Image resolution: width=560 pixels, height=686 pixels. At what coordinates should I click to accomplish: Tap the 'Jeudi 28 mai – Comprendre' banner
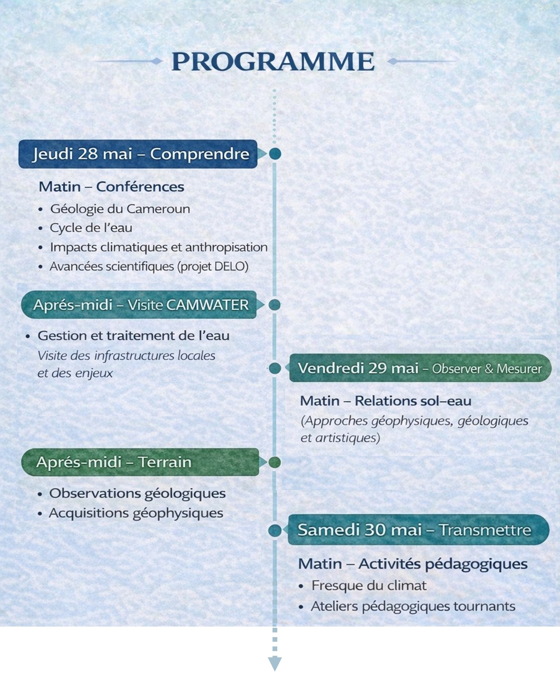pyautogui.click(x=138, y=154)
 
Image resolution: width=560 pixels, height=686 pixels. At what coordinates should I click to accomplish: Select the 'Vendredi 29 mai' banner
pyautogui.click(x=419, y=368)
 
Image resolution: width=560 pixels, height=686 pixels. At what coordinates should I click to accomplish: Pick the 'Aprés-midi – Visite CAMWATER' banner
pyautogui.click(x=139, y=305)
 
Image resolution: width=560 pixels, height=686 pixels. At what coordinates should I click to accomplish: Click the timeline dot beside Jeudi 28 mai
pyautogui.click(x=275, y=154)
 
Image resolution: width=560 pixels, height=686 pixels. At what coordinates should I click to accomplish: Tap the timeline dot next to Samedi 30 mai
pyautogui.click(x=275, y=530)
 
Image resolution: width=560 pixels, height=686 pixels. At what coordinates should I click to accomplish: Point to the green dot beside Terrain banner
pyautogui.click(x=275, y=462)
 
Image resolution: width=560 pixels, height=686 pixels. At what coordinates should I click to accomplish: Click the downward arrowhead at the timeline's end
pyautogui.click(x=275, y=663)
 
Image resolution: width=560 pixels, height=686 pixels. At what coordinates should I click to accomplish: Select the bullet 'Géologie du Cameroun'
pyautogui.click(x=120, y=209)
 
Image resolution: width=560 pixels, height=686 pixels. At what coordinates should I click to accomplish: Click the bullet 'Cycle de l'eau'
pyautogui.click(x=91, y=228)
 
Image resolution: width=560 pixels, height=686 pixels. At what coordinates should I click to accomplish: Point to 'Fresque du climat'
pyautogui.click(x=369, y=585)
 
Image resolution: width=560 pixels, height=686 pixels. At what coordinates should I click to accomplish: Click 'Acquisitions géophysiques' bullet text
pyautogui.click(x=136, y=513)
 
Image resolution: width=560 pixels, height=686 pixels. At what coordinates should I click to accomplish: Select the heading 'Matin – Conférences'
pyautogui.click(x=111, y=187)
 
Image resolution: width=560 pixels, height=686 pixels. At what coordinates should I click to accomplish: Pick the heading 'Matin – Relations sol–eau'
pyautogui.click(x=386, y=401)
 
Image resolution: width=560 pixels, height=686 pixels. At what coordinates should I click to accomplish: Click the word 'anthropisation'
pyautogui.click(x=226, y=247)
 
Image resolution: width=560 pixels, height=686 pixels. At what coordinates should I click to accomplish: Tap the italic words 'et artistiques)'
pyautogui.click(x=340, y=438)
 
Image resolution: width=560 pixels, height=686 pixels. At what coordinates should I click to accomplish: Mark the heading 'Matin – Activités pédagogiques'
pyautogui.click(x=413, y=564)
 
